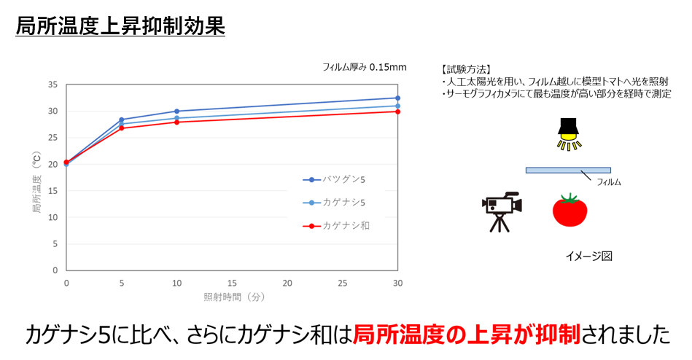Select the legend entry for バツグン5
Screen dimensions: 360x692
pos(335,179)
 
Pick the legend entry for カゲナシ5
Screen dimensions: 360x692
pos(335,203)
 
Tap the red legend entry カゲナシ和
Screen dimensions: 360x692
pos(335,226)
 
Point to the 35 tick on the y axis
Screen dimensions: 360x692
pos(53,85)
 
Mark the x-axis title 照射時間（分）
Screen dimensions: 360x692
pos(232,297)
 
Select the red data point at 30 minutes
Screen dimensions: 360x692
pos(397,111)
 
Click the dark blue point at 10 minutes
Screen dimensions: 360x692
pos(177,111)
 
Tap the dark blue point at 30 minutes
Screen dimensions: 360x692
pos(397,98)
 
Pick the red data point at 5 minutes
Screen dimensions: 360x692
pos(122,128)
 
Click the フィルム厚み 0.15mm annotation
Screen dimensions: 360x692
pos(365,67)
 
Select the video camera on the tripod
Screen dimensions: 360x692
pos(501,211)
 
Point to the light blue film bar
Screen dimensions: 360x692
pos(567,171)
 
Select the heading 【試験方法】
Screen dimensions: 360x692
pos(467,69)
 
